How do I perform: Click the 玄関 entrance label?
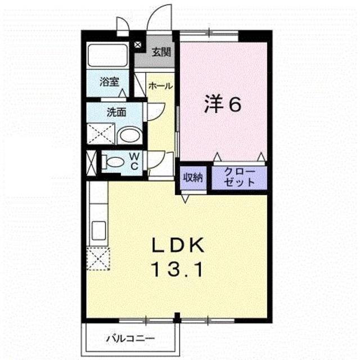161,53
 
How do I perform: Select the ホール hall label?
160,86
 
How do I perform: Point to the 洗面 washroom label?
116,111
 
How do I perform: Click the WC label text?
135,161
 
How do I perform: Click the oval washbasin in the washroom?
131,135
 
